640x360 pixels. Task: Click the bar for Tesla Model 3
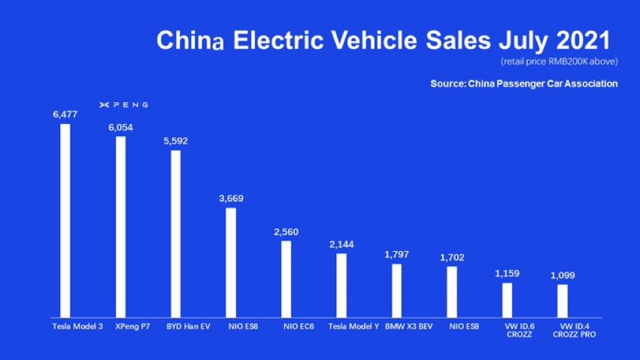[65, 220]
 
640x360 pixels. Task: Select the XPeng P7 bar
[121, 227]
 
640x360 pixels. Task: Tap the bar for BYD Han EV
[175, 234]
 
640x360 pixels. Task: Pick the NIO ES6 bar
[231, 262]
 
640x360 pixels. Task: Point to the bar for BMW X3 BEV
[397, 291]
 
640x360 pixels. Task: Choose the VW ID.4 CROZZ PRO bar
[563, 301]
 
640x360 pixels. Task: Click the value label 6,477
[65, 114]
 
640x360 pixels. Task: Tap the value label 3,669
[231, 198]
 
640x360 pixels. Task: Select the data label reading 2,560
[286, 232]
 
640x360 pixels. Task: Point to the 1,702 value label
[452, 258]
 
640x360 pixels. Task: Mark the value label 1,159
[508, 274]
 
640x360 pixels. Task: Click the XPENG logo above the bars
[123, 104]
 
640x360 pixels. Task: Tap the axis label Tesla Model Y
[353, 327]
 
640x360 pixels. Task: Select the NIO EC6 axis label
[299, 327]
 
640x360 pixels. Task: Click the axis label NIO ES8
[464, 327]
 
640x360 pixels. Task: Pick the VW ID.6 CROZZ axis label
[520, 330]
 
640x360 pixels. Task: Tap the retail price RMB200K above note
[560, 62]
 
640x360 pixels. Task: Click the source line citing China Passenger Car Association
[524, 83]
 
